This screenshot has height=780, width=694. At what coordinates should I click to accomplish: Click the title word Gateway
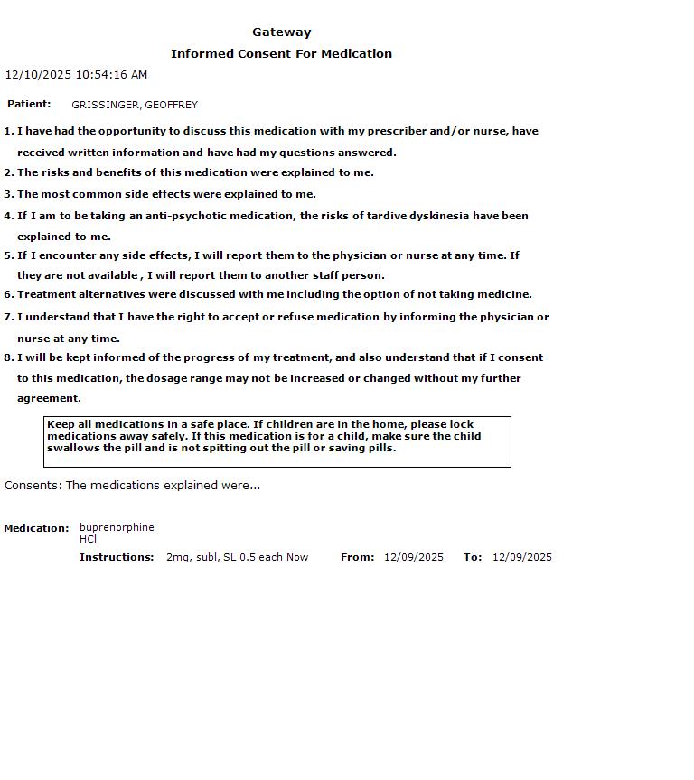click(282, 32)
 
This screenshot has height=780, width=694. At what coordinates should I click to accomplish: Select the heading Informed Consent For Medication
click(281, 54)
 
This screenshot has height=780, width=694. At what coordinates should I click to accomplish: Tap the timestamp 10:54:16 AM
click(111, 75)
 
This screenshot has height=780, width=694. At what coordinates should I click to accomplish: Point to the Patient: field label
click(29, 105)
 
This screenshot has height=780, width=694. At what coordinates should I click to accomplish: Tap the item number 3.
click(9, 194)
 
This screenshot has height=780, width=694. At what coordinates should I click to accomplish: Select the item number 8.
click(9, 357)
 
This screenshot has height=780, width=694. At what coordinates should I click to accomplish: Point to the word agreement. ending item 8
click(49, 398)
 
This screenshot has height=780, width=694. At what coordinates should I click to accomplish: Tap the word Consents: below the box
click(33, 486)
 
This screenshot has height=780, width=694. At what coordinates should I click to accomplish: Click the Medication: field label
click(36, 528)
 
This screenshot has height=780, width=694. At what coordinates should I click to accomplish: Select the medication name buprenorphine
click(117, 527)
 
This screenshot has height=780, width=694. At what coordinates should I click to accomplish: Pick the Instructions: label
click(117, 557)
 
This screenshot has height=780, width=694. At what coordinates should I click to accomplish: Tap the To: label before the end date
click(473, 557)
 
